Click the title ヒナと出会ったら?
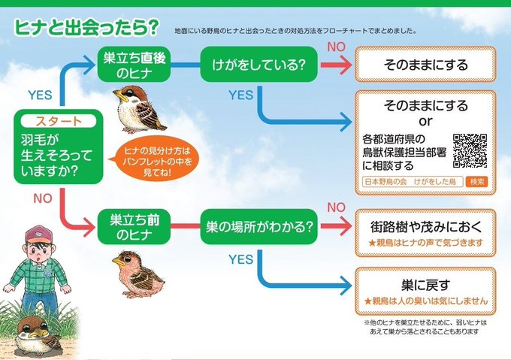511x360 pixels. [x=86, y=27]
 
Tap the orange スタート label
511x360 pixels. [x=58, y=121]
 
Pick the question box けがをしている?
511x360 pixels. [x=257, y=66]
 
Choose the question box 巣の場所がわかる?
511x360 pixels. [x=257, y=226]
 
